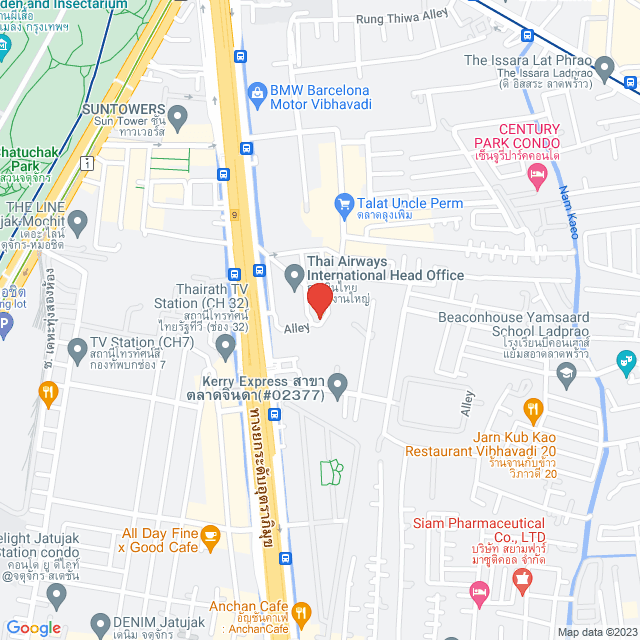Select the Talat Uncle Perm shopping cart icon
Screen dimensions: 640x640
[x=345, y=203]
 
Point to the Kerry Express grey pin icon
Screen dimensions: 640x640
[x=338, y=383]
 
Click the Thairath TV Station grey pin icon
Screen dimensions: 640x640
[x=225, y=346]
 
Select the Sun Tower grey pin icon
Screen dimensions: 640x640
[x=178, y=121]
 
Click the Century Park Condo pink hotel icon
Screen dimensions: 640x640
[x=535, y=175]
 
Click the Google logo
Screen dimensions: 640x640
[x=33, y=627]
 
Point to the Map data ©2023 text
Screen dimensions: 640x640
[x=597, y=632]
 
